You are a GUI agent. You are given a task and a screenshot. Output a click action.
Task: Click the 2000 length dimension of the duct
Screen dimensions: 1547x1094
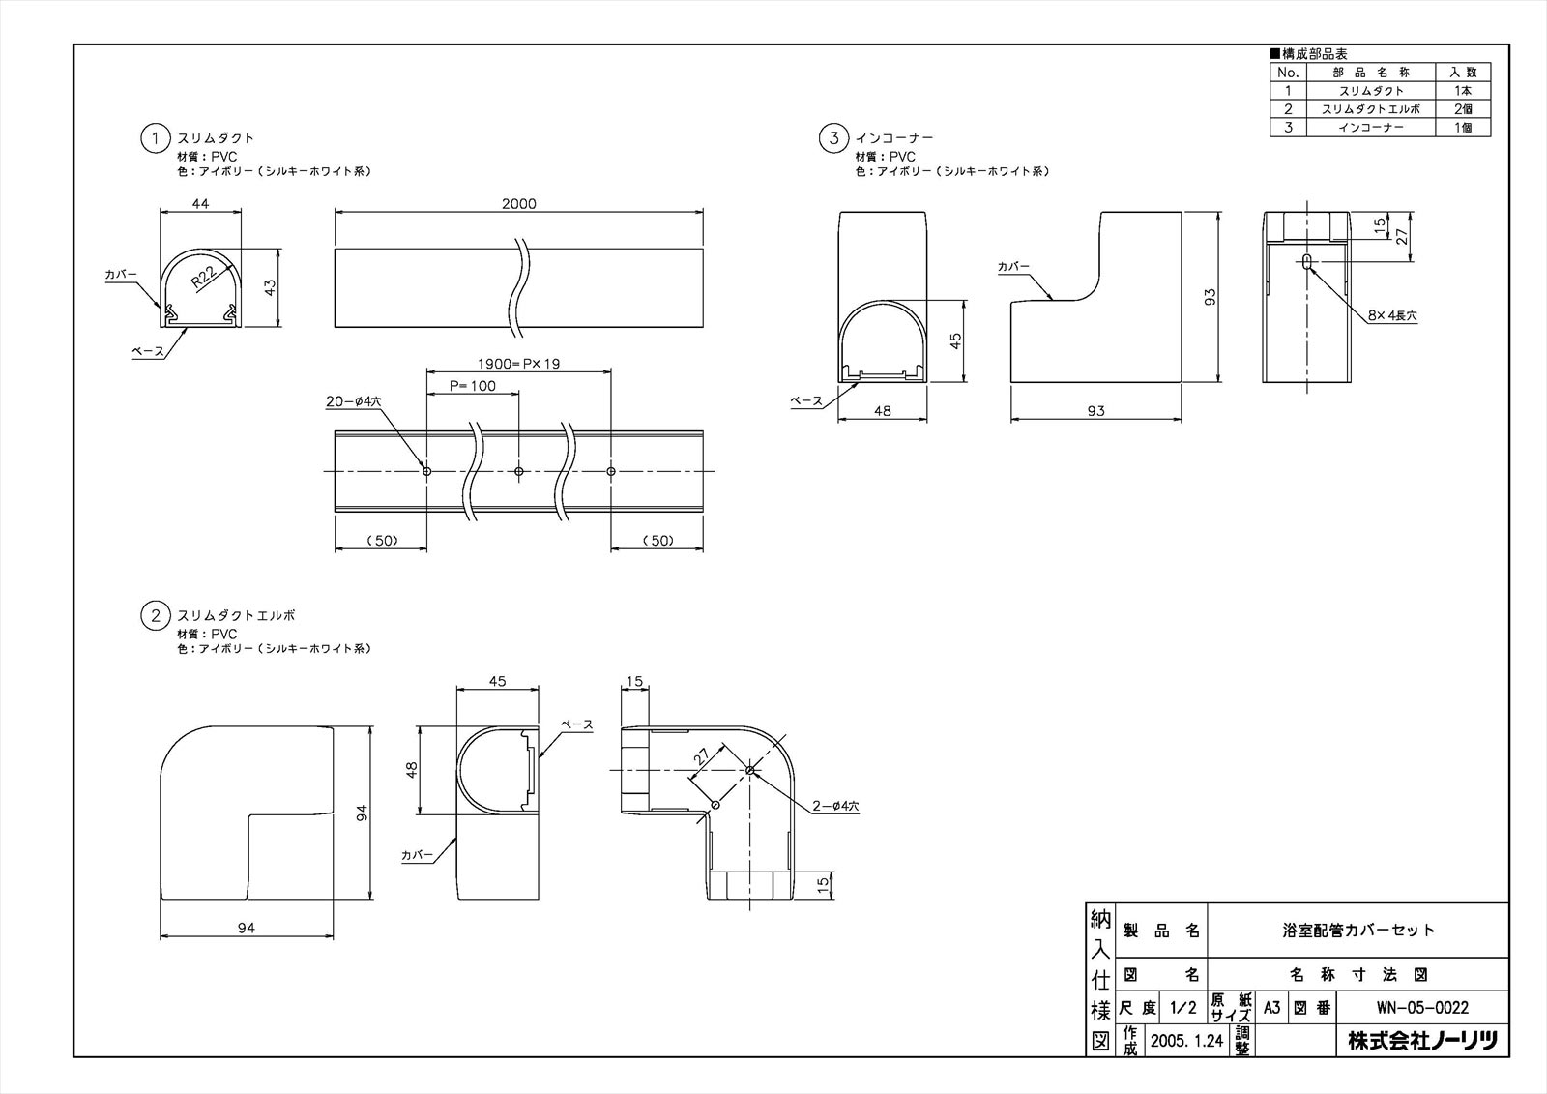point(518,203)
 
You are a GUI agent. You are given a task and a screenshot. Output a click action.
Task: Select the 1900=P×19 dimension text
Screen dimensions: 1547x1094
point(518,364)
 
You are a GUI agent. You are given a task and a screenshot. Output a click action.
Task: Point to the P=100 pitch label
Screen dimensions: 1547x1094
point(473,386)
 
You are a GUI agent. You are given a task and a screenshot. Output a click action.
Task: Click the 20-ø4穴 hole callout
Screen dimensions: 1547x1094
point(354,401)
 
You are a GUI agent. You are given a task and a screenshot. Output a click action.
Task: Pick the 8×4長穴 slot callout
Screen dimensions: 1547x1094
point(1392,316)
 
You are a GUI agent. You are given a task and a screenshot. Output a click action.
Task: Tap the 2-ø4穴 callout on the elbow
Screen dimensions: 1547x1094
point(835,806)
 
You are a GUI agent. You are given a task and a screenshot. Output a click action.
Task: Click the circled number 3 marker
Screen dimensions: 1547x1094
point(833,138)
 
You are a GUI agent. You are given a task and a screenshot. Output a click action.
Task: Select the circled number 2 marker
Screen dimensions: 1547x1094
point(156,615)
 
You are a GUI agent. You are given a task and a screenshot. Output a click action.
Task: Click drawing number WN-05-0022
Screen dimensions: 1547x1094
point(1422,1008)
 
